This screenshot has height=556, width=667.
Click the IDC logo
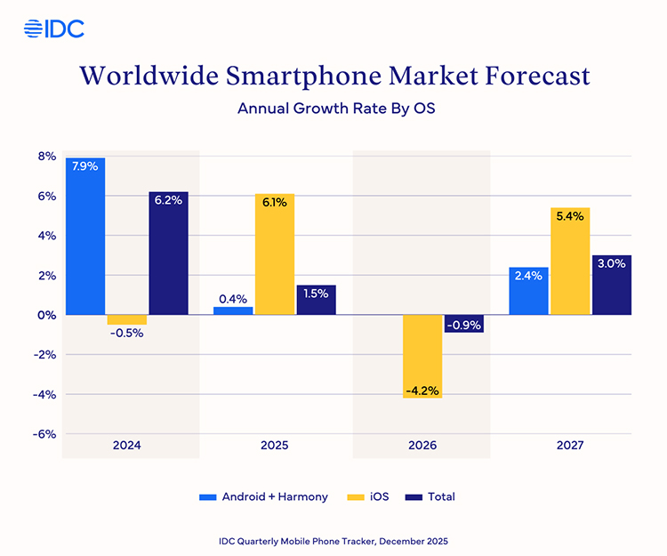click(x=54, y=28)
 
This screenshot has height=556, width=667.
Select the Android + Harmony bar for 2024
click(x=85, y=236)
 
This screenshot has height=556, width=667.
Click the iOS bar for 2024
click(x=127, y=319)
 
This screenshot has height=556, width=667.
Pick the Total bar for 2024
click(x=168, y=254)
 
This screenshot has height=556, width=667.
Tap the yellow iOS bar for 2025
click(x=275, y=254)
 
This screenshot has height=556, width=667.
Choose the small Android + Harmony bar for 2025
click(x=233, y=310)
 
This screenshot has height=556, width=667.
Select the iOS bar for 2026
click(x=422, y=356)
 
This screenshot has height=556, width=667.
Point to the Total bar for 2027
click(x=611, y=285)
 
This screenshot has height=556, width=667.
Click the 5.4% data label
click(x=570, y=217)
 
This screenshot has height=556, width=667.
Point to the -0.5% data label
click(x=126, y=334)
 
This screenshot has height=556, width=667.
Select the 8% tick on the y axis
click(x=45, y=157)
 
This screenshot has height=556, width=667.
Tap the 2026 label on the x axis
click(x=422, y=445)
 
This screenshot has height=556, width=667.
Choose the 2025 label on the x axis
click(x=275, y=445)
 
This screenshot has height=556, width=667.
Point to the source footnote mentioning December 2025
click(x=333, y=540)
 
